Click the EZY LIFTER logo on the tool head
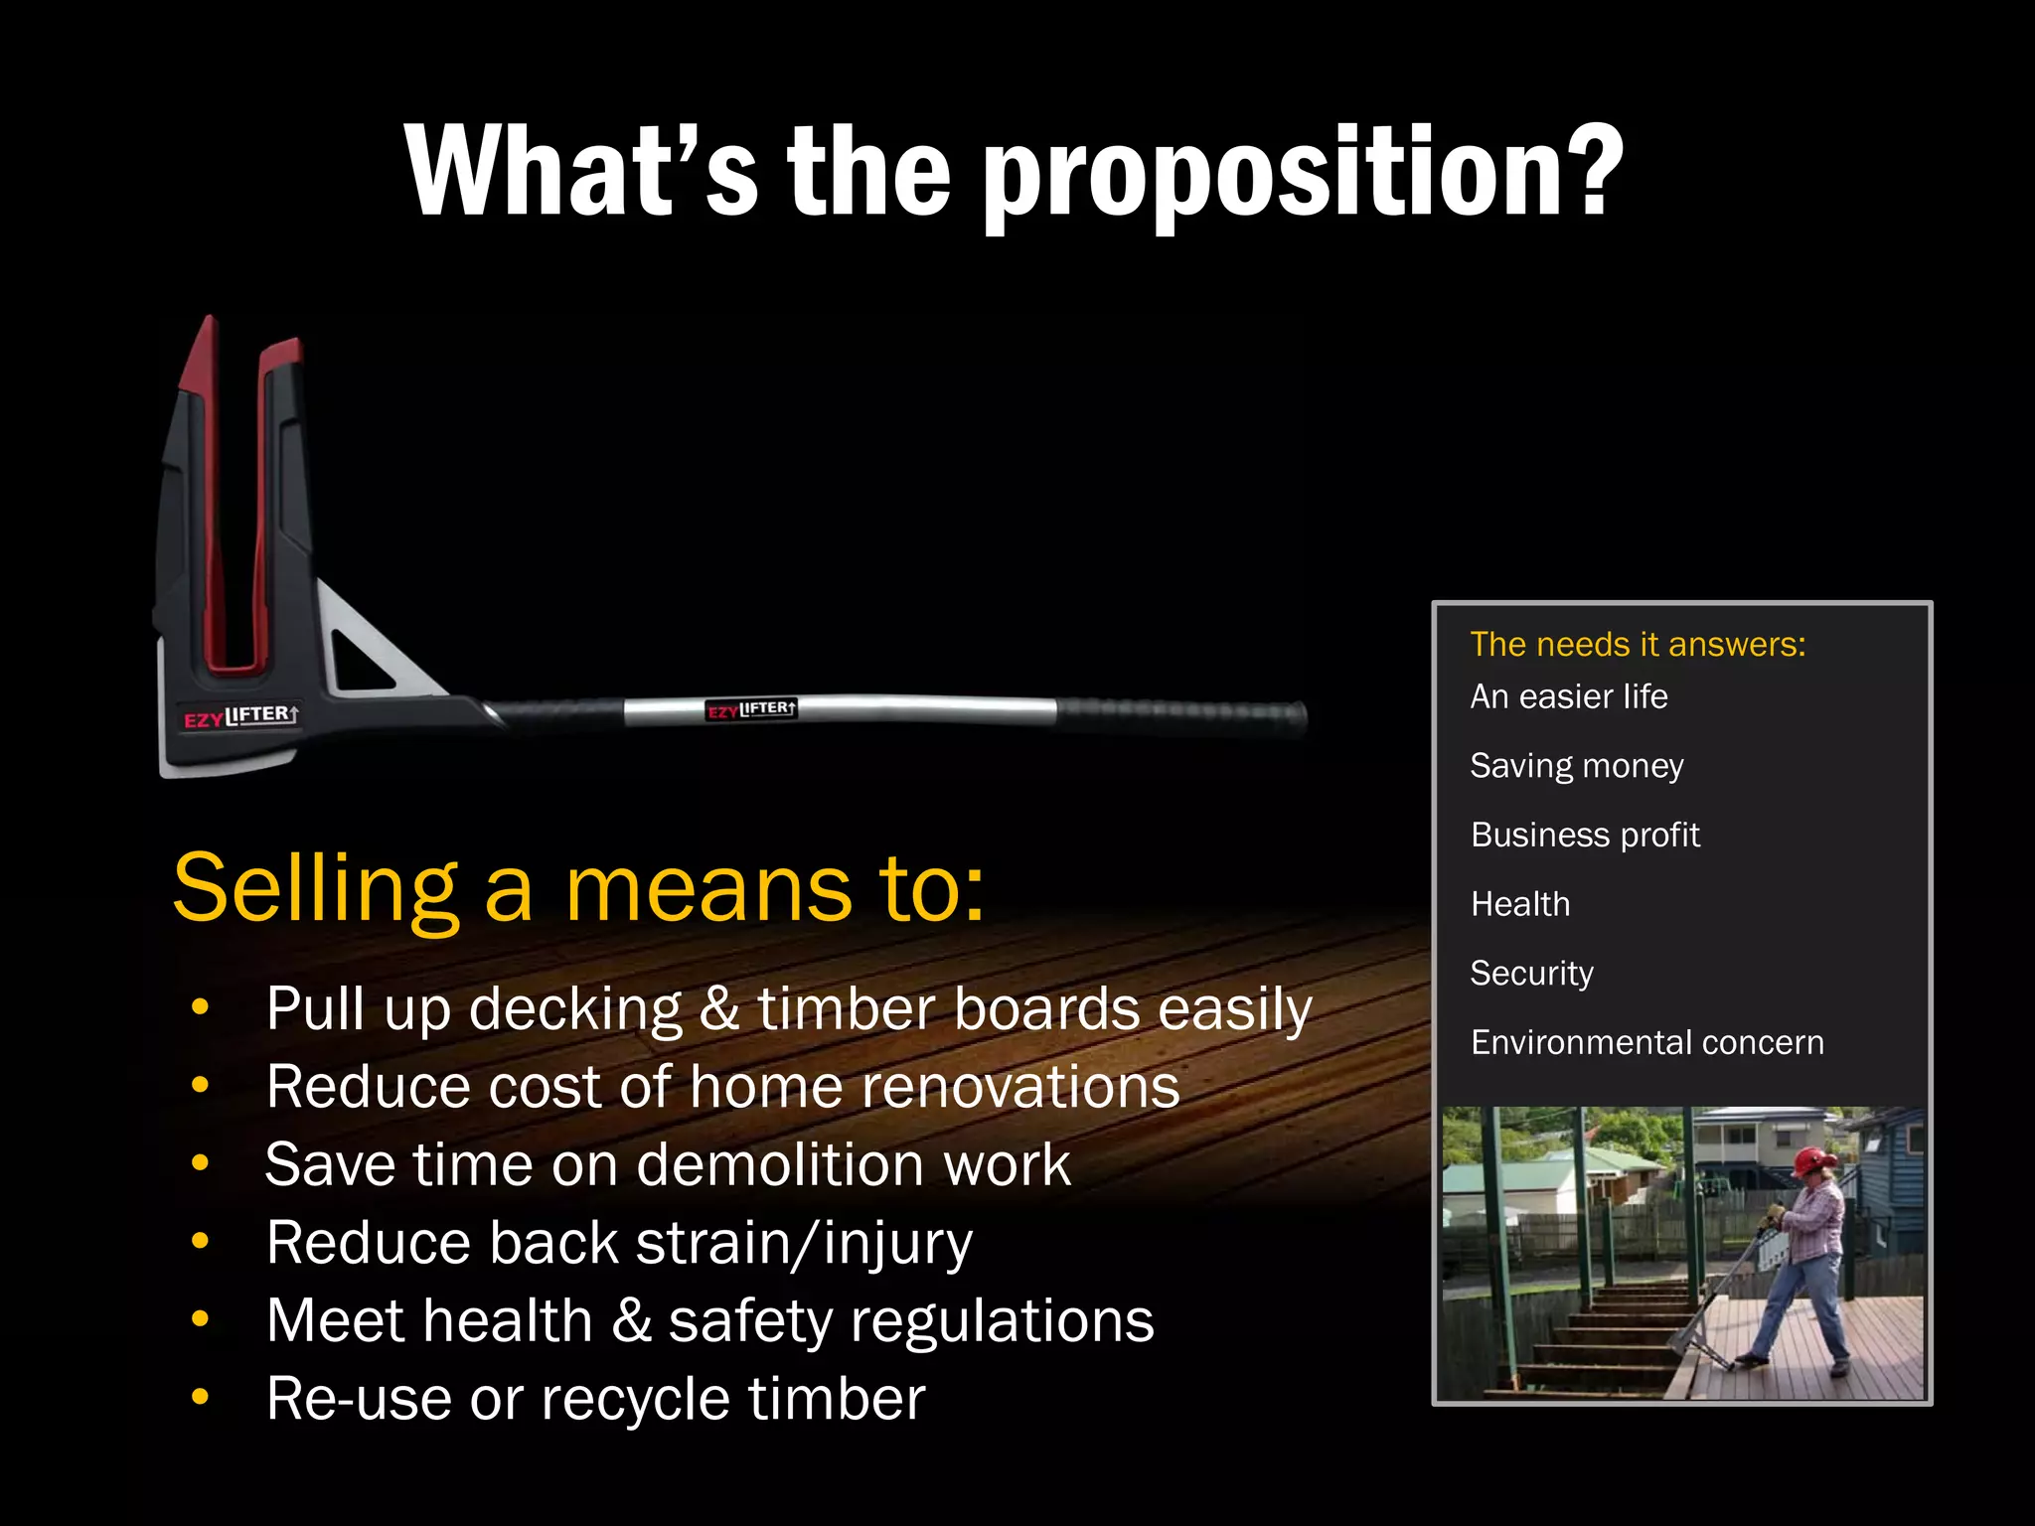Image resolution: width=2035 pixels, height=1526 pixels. pyautogui.click(x=241, y=716)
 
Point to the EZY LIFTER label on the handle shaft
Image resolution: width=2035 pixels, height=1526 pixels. pyautogui.click(x=751, y=709)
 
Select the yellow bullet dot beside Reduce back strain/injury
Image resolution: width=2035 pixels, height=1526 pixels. pyautogui.click(x=201, y=1241)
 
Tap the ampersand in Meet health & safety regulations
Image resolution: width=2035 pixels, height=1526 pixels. pyautogui.click(x=631, y=1320)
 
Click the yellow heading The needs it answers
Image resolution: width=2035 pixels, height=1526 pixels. pyautogui.click(x=1638, y=645)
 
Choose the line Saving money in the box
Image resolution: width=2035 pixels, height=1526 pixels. pyautogui.click(x=1577, y=766)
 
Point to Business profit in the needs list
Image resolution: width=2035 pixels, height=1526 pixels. pyautogui.click(x=1585, y=835)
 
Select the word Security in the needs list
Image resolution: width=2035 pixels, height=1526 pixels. pyautogui.click(x=1531, y=973)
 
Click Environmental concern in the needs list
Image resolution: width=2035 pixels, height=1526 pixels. pyautogui.click(x=1646, y=1042)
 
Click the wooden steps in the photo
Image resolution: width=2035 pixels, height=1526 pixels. pyautogui.click(x=1610, y=1331)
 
